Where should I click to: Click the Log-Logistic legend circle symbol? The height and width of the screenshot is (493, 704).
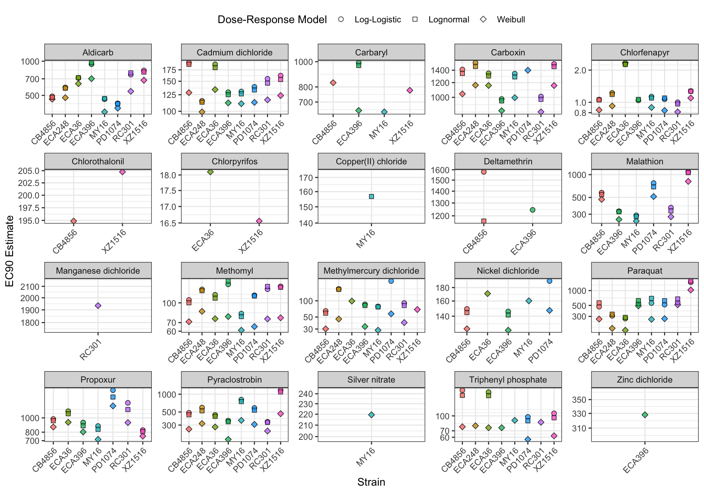coord(341,19)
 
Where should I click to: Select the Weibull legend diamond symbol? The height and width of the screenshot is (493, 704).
coord(483,19)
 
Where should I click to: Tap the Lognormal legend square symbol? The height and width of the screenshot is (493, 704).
coord(415,19)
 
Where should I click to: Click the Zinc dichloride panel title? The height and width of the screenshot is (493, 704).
coord(645,380)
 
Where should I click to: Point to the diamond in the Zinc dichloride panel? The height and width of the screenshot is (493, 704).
coord(645,415)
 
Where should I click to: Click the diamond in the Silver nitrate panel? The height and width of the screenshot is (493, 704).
coord(371,415)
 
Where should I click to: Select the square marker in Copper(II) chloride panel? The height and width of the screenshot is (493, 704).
coord(371,197)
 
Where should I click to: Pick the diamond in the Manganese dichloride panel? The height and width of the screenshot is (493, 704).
coord(98,306)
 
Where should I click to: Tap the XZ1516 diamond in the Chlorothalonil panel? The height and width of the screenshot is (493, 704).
coord(122,172)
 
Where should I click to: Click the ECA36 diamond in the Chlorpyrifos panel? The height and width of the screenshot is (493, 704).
coord(210,172)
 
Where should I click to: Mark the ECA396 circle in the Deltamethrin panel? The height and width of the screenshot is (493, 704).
coord(532,210)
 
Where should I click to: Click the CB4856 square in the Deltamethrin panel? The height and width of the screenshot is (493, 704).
coord(484,221)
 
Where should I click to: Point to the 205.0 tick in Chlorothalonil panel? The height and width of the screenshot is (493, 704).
coord(29,171)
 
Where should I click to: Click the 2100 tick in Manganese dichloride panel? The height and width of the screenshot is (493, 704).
coord(30,286)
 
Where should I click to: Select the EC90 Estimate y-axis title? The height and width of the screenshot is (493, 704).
coord(10,251)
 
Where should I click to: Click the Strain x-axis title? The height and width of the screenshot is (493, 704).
coord(371,482)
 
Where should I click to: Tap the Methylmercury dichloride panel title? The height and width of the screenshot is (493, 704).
coord(371,271)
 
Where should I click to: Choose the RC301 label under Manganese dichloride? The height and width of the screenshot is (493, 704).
coord(91,350)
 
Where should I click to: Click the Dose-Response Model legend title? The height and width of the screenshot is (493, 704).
coord(272,19)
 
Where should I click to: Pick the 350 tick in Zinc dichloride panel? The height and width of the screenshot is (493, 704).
coord(579,399)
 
